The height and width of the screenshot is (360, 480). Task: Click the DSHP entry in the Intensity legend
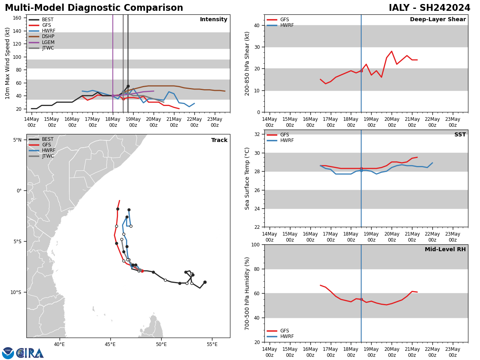(48, 36)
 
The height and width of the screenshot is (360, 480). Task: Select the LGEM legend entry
(48, 42)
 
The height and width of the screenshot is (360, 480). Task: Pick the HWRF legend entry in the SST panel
(287, 140)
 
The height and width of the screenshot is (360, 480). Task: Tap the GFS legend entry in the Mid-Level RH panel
(284, 331)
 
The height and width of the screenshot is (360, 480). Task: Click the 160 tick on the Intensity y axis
(18, 18)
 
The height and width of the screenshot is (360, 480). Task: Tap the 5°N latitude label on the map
(17, 140)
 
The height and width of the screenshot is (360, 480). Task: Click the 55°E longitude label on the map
(212, 344)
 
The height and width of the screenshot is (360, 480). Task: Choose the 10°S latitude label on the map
(16, 292)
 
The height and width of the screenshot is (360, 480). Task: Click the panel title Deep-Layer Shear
(438, 20)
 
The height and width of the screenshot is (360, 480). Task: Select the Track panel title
(219, 140)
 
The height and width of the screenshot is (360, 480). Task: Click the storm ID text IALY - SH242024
(429, 8)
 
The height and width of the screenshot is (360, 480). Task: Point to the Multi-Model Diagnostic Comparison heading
(94, 8)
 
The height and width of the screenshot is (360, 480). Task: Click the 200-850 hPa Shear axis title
(248, 63)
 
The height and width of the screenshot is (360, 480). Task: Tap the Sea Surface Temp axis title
(248, 178)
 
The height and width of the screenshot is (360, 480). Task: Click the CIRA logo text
(30, 353)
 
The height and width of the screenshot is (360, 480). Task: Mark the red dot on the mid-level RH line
(361, 299)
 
